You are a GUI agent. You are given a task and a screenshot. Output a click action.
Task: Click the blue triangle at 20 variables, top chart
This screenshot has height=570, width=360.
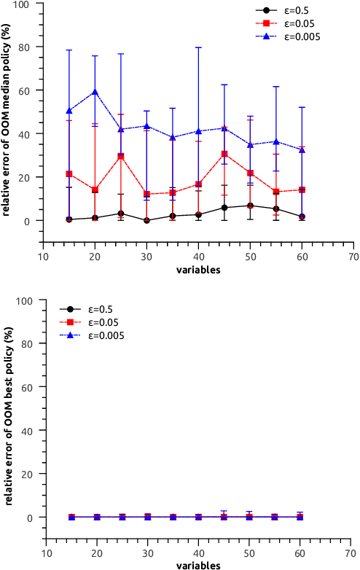click(95, 92)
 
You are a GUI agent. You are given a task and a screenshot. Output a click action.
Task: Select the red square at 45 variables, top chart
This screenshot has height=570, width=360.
click(224, 154)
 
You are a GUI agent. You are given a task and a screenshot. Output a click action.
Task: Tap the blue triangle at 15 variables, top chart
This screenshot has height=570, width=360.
click(69, 111)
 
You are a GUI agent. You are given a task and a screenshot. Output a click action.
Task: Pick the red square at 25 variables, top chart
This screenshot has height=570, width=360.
click(121, 156)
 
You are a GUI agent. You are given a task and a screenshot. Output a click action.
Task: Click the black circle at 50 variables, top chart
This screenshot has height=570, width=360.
click(250, 206)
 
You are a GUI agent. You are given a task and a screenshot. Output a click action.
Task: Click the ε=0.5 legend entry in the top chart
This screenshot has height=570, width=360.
click(285, 11)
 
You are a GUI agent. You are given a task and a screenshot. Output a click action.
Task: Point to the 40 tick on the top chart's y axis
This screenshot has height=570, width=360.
click(31, 134)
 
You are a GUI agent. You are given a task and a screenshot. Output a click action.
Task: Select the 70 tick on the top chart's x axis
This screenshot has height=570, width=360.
click(353, 257)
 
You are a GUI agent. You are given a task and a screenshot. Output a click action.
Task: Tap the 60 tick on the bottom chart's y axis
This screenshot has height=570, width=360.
click(31, 387)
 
